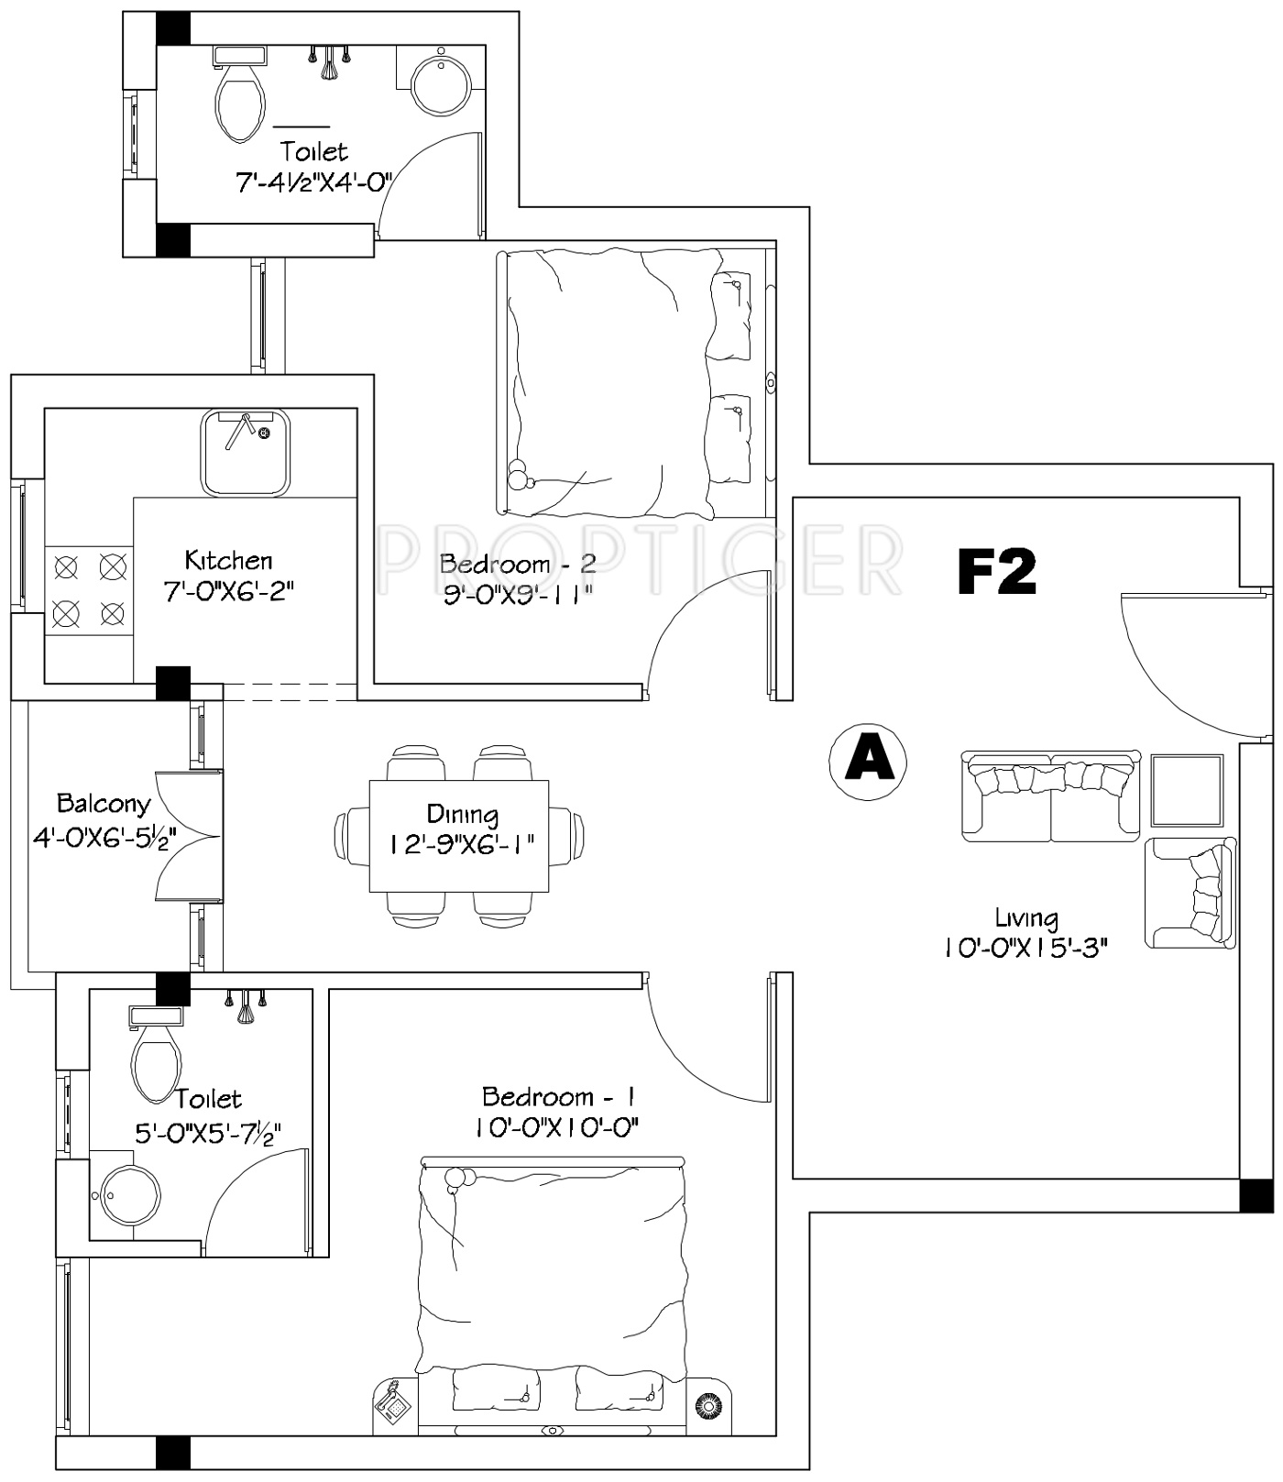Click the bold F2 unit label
pyautogui.click(x=997, y=572)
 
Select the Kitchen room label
pyautogui.click(x=228, y=560)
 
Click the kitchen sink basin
pyautogui.click(x=245, y=452)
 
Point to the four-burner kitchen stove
pyautogui.click(x=89, y=589)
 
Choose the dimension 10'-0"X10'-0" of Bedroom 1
pyautogui.click(x=556, y=1127)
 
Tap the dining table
pyautogui.click(x=459, y=835)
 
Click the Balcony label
pyautogui.click(x=104, y=805)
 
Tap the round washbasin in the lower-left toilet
pyautogui.click(x=130, y=1196)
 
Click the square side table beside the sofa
pyautogui.click(x=1187, y=790)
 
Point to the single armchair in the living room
pyautogui.click(x=1190, y=894)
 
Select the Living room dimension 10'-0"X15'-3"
pyautogui.click(x=1026, y=948)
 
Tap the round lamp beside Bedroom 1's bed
pyautogui.click(x=707, y=1405)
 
